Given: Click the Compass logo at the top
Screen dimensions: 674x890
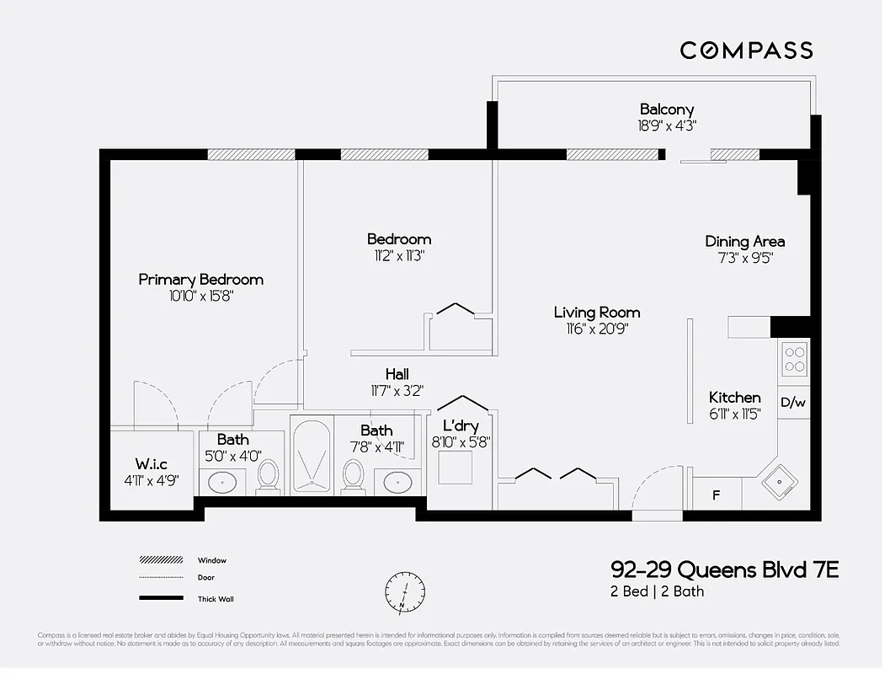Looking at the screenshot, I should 746,51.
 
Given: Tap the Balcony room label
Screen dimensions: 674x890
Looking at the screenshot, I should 667,110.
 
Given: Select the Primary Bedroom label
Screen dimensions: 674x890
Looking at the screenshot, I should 200,280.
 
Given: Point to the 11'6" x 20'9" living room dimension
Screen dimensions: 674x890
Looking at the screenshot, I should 597,329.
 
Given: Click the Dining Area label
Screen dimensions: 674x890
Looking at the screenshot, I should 744,242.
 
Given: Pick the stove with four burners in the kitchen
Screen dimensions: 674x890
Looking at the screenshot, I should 794,358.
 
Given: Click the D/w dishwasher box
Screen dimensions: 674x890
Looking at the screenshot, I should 793,403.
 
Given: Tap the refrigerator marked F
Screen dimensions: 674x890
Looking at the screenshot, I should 717,495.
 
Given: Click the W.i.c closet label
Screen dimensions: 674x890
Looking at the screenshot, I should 152,464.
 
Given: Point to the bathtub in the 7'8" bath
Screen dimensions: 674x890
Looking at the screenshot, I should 312,455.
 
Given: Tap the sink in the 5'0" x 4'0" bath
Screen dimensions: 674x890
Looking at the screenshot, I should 223,483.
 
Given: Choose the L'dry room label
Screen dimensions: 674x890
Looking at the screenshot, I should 460,426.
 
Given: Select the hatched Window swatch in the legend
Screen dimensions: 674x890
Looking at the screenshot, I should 161,560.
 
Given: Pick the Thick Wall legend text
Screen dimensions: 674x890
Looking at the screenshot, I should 216,599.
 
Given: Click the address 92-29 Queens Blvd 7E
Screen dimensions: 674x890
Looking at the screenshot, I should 724,571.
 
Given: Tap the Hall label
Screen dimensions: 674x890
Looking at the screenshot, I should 397,374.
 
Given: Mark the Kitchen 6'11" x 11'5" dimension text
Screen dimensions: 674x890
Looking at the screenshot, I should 734,414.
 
